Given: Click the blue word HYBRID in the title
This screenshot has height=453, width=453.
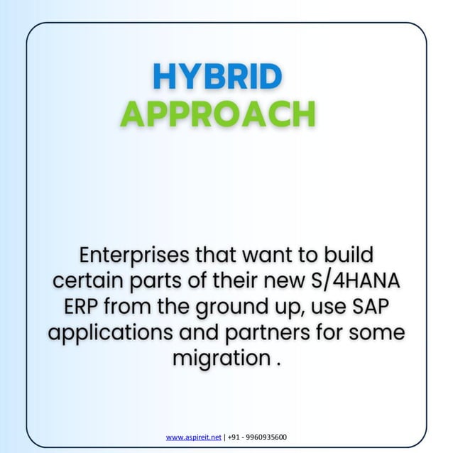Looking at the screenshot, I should [217, 77].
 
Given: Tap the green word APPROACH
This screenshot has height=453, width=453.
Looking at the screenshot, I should [217, 114].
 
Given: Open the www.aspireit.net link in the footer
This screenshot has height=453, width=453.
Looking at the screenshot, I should [193, 437].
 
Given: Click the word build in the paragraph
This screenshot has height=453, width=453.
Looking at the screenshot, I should [348, 253].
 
